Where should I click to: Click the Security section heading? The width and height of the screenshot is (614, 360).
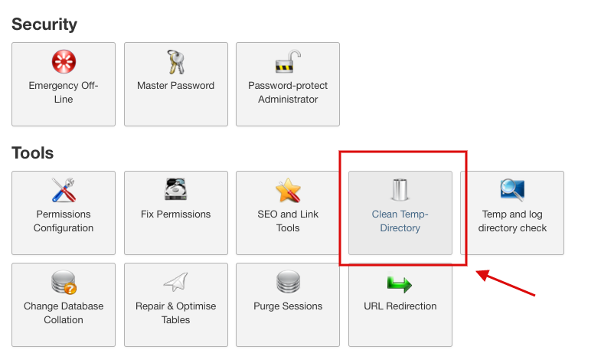[44, 25]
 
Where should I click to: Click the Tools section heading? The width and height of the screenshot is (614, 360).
[33, 153]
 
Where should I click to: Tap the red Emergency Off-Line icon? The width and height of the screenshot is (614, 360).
[64, 62]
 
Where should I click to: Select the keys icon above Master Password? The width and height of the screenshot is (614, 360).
[175, 62]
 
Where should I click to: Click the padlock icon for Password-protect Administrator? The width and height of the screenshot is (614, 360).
[287, 62]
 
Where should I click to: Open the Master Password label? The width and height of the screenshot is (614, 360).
[175, 86]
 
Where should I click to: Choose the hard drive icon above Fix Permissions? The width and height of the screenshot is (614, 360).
[175, 189]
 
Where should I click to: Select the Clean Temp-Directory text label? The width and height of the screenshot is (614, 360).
[400, 221]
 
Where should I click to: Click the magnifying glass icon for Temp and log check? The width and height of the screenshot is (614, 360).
[511, 189]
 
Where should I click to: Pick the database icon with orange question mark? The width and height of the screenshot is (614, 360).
[64, 283]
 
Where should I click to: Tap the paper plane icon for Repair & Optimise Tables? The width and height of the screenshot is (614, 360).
[175, 282]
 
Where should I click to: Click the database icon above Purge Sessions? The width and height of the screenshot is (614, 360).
[287, 282]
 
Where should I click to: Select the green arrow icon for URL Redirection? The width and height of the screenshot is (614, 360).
[400, 283]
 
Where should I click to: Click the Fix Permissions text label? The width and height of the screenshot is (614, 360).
[175, 214]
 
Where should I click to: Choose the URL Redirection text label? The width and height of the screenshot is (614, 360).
[400, 306]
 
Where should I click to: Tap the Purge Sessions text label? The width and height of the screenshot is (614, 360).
[287, 306]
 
